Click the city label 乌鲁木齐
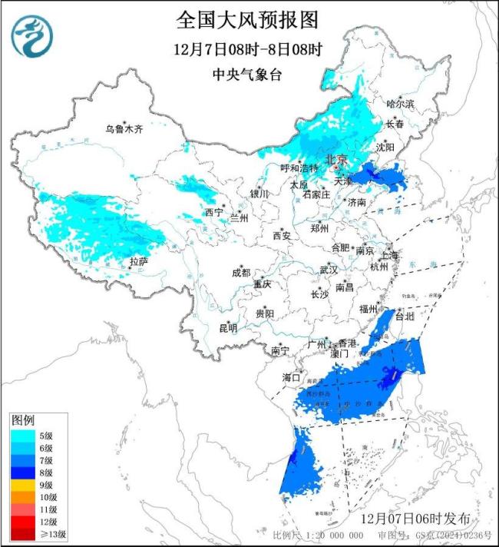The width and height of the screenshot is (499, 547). click(124, 129)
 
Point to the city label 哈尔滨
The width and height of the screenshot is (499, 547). click(400, 103)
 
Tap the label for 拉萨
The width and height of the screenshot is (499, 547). click(138, 262)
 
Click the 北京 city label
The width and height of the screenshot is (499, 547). click(337, 159)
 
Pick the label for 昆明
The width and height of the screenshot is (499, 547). click(228, 328)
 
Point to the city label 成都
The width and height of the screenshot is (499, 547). click(241, 273)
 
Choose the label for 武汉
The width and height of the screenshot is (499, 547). click(329, 270)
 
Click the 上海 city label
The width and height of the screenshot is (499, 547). click(390, 255)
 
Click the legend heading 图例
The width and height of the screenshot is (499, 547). click(23, 421)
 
